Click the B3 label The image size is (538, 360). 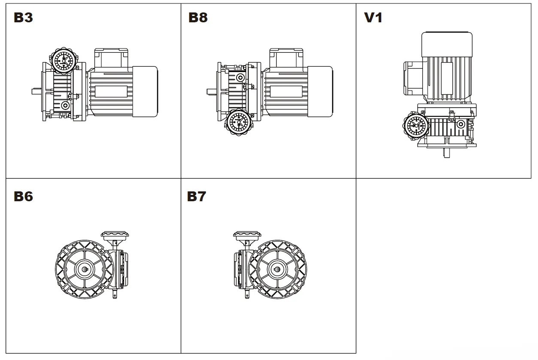coord(23,18)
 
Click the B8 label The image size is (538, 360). coord(198,18)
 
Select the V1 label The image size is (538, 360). coord(373,18)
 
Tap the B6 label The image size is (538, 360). coord(23,196)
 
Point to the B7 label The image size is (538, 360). coord(197,196)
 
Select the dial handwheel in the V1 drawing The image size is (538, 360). coord(415,127)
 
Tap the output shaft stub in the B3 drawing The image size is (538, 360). coord(36,91)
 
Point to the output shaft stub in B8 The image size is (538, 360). coord(211,91)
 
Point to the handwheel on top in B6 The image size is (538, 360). coord(116,235)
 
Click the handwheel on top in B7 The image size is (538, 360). coord(247,235)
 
